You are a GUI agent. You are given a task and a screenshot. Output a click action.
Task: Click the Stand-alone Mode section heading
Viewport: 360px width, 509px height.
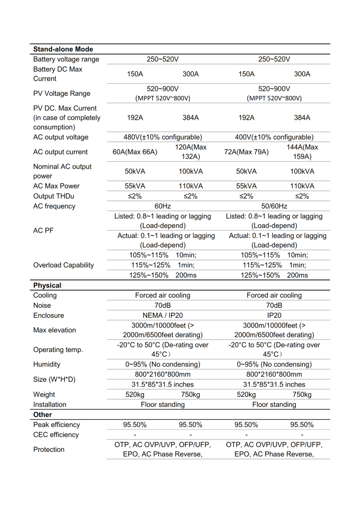coord(63,49)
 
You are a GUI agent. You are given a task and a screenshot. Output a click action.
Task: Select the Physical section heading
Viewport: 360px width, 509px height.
coord(47,285)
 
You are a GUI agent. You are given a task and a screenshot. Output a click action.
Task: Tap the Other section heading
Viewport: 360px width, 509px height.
coord(42,415)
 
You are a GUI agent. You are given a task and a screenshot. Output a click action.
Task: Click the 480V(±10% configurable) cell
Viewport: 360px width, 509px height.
coord(163,137)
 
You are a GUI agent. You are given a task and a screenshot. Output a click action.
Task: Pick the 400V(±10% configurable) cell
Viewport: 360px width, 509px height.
coord(274,137)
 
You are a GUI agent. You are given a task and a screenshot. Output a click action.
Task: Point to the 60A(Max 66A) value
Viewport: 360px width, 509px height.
coord(135,152)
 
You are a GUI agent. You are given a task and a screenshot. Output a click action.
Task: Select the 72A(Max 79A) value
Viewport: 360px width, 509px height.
coord(246,152)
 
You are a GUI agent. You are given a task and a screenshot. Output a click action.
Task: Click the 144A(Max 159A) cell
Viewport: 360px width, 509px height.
coord(302,152)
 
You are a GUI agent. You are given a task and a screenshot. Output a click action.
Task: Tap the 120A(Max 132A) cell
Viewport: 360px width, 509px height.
coord(190,152)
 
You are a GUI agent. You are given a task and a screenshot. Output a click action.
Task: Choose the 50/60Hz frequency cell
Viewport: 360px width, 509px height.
coord(274,206)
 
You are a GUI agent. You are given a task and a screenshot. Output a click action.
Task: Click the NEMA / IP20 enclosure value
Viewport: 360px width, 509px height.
coord(163,315)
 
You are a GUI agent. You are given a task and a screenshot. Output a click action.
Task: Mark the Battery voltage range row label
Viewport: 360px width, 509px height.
coord(66,59)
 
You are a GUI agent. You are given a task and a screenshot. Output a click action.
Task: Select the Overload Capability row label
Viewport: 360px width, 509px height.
coord(63,265)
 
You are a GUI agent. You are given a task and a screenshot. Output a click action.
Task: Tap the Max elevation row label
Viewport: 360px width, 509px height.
coord(55,330)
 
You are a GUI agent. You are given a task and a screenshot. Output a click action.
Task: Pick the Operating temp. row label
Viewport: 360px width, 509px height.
coord(58,349)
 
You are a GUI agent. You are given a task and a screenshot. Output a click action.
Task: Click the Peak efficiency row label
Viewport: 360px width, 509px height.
coord(56,424)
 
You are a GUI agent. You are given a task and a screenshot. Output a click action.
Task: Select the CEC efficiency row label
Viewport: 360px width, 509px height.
coord(56,434)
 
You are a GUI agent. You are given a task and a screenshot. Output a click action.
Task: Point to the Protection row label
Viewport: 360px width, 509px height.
coord(49,449)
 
